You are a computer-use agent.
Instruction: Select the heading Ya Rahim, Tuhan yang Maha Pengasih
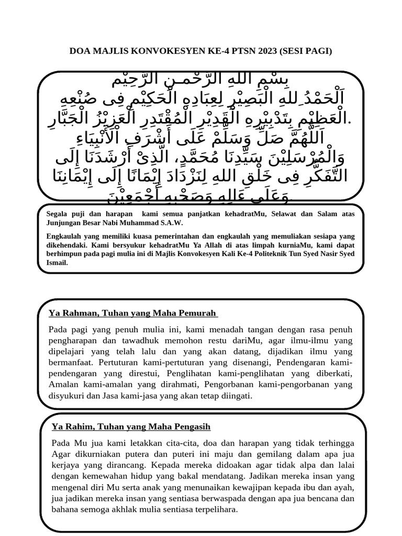click(131, 427)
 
